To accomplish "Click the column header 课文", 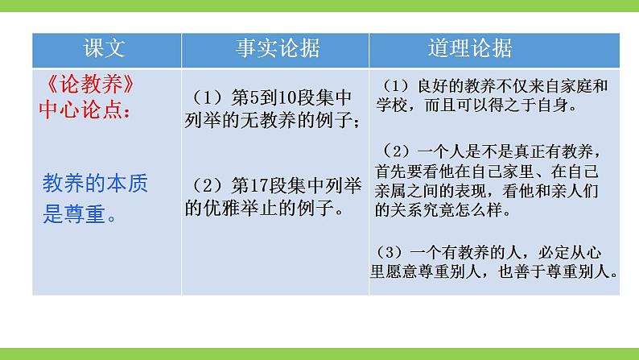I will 105,49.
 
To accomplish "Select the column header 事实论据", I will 277,49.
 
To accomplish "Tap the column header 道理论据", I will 468,49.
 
